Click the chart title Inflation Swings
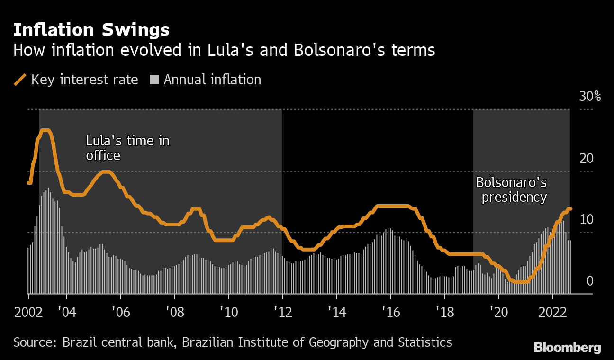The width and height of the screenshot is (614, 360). click(x=91, y=30)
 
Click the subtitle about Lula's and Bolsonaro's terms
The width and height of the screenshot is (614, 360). click(x=224, y=50)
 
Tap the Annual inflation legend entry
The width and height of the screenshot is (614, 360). click(x=206, y=80)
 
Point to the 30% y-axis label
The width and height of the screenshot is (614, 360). click(x=590, y=97)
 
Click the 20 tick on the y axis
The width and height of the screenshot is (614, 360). click(x=587, y=158)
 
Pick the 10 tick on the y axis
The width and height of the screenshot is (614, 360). click(x=587, y=219)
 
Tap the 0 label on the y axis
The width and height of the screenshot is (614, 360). click(x=590, y=281)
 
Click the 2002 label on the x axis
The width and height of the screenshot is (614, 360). click(x=28, y=313)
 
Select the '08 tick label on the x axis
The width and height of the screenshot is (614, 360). click(x=174, y=313)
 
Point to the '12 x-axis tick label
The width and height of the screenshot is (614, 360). click(x=282, y=313)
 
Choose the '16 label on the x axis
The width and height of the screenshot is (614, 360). click(x=390, y=313)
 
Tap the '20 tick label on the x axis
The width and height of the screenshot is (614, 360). click(x=498, y=313)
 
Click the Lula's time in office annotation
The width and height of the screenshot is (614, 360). click(x=127, y=148)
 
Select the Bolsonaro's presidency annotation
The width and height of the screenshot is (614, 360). click(x=511, y=189)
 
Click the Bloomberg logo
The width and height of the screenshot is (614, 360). click(x=567, y=347)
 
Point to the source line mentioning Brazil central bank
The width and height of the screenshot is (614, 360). click(x=233, y=342)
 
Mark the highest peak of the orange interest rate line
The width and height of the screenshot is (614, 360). click(x=45, y=130)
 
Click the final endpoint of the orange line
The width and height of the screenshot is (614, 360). click(x=570, y=209)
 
